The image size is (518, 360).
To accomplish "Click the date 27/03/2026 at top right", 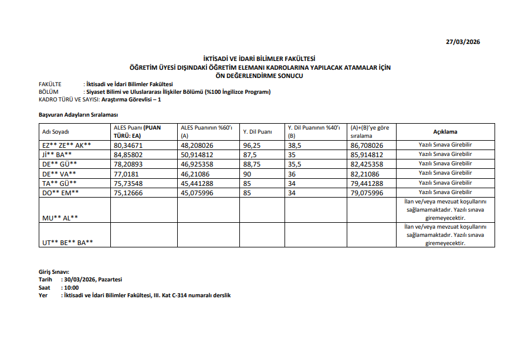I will pos(463,42).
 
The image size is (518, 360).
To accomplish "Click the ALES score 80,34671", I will pos(128,144).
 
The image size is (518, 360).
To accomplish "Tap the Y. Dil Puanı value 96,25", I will pos(251,144).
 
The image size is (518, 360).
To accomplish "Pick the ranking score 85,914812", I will pos(366,154).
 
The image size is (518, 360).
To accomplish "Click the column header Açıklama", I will pos(445,132).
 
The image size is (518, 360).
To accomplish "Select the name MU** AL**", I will pos(60,217).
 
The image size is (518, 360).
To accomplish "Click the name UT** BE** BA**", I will pos(67,242).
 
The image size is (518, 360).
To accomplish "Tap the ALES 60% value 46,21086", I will pos(197,174).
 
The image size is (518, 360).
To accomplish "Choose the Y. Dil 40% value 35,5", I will pos(295,164).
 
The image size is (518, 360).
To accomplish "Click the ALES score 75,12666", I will pos(128,192).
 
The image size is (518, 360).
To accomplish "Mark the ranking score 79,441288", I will pos(366,183).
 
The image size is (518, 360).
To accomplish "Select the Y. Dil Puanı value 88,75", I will pos(251,164).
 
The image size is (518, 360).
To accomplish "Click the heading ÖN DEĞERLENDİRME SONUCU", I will pos(259,76).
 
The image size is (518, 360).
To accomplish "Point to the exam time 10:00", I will pos(71,288).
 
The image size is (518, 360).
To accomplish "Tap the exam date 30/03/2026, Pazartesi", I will pos(93,280).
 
